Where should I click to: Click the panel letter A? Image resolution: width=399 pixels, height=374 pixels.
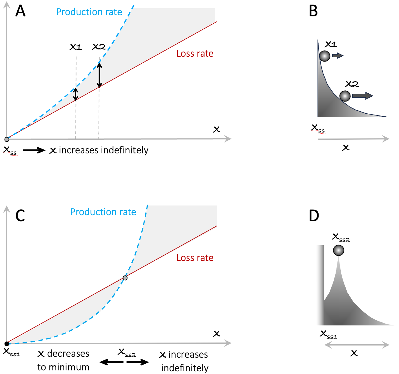[x=20, y=11]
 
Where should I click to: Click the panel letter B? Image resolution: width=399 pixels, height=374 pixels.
[x=313, y=11]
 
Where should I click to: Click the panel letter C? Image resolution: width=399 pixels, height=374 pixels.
[x=20, y=215]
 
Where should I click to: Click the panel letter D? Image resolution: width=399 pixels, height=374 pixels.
[x=314, y=215]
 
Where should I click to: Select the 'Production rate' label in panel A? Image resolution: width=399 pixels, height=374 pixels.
[x=89, y=12]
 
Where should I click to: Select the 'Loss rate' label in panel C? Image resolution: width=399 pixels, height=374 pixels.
[x=195, y=258]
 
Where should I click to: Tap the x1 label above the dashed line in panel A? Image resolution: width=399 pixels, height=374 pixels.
[x=76, y=47]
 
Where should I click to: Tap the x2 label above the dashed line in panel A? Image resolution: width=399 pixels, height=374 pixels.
[x=99, y=47]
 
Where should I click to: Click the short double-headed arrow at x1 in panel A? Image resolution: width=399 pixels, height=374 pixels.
[x=76, y=94]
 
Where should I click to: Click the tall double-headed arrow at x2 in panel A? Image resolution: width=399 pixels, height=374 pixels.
[x=99, y=75]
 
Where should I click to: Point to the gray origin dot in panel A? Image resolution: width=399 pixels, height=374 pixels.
[x=7, y=139]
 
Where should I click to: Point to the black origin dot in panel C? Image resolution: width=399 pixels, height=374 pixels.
[x=7, y=344]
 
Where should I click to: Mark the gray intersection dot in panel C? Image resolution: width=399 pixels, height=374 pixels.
[x=125, y=278]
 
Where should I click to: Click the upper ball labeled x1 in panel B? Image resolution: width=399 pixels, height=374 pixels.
[x=325, y=56]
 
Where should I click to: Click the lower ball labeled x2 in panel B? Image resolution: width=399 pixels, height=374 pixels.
[x=345, y=96]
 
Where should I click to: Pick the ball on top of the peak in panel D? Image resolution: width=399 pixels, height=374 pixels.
[x=339, y=250]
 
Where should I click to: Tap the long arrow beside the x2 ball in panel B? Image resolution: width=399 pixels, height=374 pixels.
[x=363, y=96]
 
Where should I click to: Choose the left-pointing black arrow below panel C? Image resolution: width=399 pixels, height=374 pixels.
[x=111, y=362]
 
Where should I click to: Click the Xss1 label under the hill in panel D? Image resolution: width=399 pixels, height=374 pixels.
[x=328, y=335]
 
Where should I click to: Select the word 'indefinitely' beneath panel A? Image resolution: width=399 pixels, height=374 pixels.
[x=125, y=150]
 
